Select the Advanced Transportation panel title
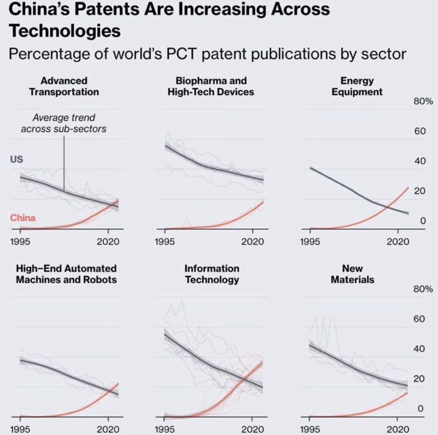click(x=63, y=86)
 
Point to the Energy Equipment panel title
click(x=357, y=86)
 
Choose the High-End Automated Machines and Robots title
click(x=66, y=274)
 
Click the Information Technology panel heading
click(x=212, y=274)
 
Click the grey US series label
click(x=17, y=159)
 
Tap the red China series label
click(x=23, y=218)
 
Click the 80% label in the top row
click(x=423, y=101)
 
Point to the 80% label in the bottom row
click(x=423, y=289)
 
